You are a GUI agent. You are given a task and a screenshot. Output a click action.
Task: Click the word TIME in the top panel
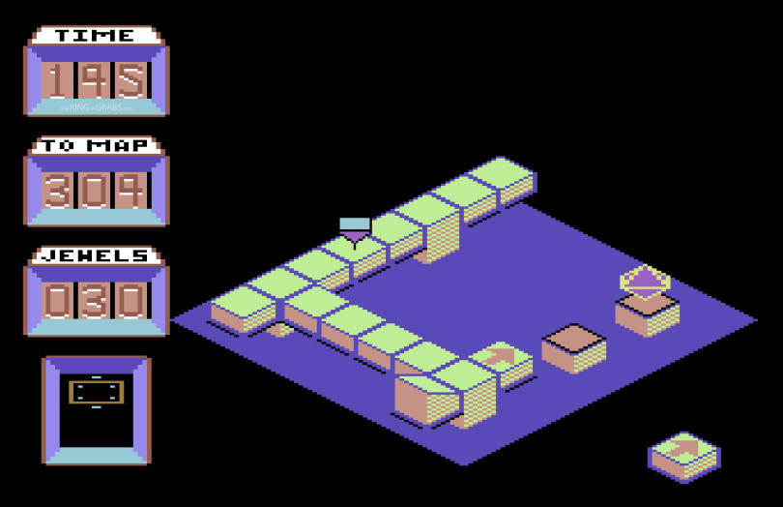tap(95, 36)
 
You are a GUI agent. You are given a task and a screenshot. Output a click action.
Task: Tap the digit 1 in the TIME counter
tap(57, 80)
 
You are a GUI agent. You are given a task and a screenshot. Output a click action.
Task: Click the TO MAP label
tap(95, 146)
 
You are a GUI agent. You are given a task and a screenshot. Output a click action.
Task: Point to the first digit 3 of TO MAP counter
tap(57, 191)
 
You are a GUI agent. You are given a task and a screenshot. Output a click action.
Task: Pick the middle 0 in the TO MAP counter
tap(95, 191)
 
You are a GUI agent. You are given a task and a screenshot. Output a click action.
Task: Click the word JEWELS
tap(95, 256)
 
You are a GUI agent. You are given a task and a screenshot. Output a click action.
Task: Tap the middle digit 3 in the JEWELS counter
tap(95, 301)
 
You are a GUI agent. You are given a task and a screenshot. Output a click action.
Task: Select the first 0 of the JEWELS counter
tap(57, 301)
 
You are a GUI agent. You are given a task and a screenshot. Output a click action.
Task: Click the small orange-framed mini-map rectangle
tap(96, 392)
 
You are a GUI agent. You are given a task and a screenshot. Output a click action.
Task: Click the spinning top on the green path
tap(355, 231)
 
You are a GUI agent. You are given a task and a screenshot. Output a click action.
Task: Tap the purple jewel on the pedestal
tap(645, 280)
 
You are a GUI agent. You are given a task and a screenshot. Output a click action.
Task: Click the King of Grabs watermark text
tap(95, 106)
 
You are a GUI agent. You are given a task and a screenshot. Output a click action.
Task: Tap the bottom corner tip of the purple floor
tap(464, 463)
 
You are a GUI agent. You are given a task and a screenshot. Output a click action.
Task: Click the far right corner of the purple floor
tap(754, 320)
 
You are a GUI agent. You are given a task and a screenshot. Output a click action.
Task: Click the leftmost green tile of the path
tap(242, 301)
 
